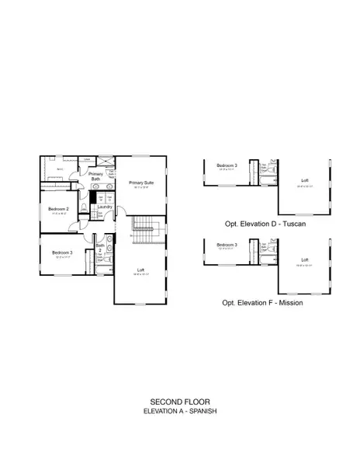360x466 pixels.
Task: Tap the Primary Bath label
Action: pyautogui.click(x=95, y=176)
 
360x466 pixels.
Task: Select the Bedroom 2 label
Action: pyautogui.click(x=59, y=209)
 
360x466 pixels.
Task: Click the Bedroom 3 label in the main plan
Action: pyautogui.click(x=62, y=253)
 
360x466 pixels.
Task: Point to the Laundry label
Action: pyautogui.click(x=106, y=207)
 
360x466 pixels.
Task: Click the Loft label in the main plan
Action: pyautogui.click(x=141, y=269)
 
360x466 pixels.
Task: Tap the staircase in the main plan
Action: pyautogui.click(x=146, y=229)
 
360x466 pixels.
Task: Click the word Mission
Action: pyautogui.click(x=287, y=303)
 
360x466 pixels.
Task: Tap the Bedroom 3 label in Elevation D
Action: pyautogui.click(x=226, y=165)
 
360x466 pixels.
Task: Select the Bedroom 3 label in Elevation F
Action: pyautogui.click(x=226, y=245)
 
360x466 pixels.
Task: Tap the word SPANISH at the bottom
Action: pyautogui.click(x=201, y=410)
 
